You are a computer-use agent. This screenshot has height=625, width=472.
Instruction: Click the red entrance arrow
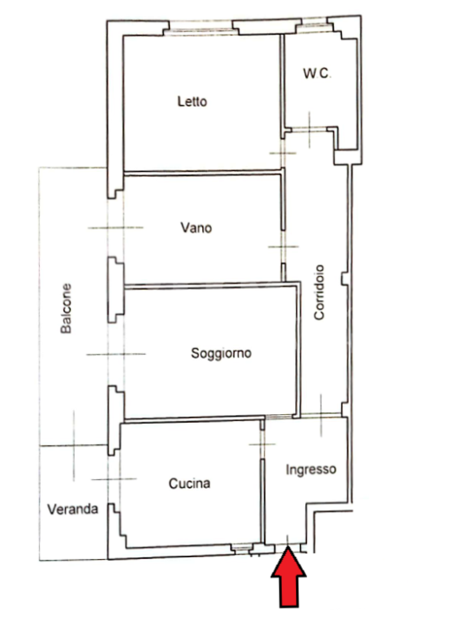tap(289, 578)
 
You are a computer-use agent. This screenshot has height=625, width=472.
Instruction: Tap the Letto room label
tap(192, 102)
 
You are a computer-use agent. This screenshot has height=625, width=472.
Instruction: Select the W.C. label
tap(317, 73)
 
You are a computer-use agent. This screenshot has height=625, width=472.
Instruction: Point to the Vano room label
tap(196, 227)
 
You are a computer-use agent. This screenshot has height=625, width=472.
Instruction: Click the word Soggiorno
tap(221, 353)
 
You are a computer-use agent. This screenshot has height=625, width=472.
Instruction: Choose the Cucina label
tap(189, 484)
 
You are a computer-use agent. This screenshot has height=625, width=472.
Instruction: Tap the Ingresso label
tap(311, 470)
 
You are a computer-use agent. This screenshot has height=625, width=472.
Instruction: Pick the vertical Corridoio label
tap(319, 293)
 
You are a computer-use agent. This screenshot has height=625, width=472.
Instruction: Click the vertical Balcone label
tap(66, 308)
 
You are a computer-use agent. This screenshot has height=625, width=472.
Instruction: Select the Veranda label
tap(73, 509)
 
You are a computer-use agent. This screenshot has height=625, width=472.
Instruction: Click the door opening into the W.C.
tap(310, 128)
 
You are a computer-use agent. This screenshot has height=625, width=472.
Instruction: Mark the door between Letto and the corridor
tap(283, 153)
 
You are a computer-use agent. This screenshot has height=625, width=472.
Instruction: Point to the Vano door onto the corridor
tap(283, 247)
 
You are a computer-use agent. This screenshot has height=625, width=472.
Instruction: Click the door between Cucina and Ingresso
tap(262, 444)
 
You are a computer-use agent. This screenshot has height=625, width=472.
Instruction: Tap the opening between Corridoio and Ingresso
tap(321, 415)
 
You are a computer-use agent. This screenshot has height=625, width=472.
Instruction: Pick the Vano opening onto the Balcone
tap(115, 227)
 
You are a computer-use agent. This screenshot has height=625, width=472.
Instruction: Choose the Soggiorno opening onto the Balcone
tap(116, 354)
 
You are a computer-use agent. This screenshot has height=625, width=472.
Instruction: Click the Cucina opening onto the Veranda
tap(114, 479)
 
